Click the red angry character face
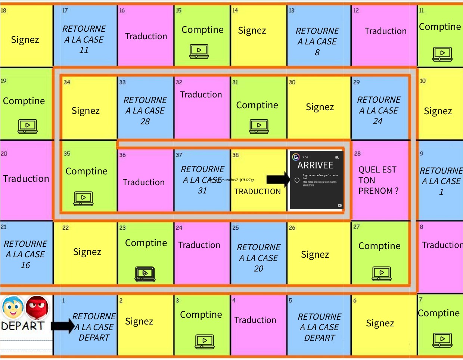[x=37, y=307]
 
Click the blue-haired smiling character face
[x=13, y=307]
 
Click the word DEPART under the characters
[x=23, y=326]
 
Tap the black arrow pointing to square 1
[x=62, y=326]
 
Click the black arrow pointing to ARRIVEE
[x=278, y=180]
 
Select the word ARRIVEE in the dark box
[x=315, y=165]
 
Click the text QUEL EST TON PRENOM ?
[x=378, y=180]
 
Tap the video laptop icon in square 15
[x=199, y=51]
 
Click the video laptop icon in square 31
[x=259, y=126]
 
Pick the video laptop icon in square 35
[x=84, y=198]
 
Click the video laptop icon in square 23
[x=145, y=274]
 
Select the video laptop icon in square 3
[x=205, y=341]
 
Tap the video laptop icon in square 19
[x=28, y=126]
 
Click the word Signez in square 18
[x=25, y=40]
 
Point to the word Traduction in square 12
[x=385, y=31]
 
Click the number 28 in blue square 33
[x=145, y=121]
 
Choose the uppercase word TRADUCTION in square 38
[x=257, y=192]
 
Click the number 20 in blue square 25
[x=258, y=269]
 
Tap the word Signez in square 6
[x=380, y=323]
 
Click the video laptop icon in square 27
[x=382, y=273]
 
